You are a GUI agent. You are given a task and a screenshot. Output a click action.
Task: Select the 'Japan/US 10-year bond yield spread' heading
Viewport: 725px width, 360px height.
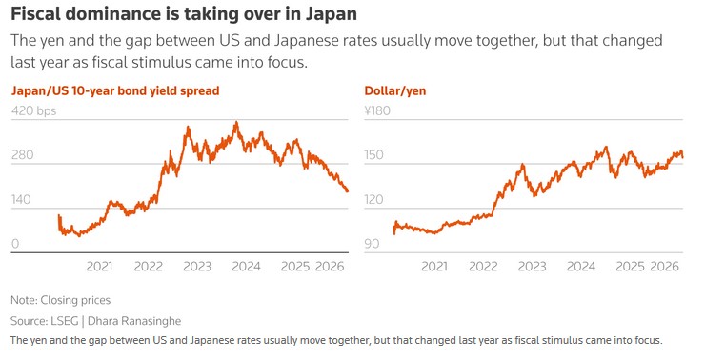(115, 91)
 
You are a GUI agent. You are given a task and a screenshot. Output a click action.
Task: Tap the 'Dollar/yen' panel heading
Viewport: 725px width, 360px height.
(395, 91)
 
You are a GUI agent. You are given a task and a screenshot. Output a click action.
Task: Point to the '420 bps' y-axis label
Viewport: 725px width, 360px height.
(34, 111)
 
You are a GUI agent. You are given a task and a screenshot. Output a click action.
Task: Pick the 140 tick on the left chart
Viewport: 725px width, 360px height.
(22, 200)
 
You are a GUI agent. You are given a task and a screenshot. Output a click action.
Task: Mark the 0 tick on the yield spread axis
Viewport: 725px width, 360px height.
(15, 245)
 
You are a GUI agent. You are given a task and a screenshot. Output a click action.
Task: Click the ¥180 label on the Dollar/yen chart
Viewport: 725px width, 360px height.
(378, 111)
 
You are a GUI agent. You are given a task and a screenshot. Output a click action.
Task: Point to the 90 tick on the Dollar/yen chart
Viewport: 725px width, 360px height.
(373, 245)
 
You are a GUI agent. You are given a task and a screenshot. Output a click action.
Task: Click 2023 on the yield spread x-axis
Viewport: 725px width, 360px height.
(197, 267)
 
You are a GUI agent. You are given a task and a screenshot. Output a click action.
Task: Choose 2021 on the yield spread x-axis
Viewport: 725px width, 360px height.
(99, 267)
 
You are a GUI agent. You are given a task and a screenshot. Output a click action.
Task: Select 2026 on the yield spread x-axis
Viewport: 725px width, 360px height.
(330, 267)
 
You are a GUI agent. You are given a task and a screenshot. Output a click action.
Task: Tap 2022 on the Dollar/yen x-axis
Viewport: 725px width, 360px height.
(483, 267)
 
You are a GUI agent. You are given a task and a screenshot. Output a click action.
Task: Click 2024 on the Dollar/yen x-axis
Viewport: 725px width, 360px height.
(580, 267)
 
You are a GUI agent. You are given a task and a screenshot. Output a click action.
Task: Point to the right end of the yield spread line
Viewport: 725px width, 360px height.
(348, 191)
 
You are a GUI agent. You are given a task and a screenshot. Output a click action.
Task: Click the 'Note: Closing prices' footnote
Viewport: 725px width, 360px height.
(60, 300)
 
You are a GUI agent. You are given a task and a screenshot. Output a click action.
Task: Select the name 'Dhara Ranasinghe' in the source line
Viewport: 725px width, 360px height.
(136, 321)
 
